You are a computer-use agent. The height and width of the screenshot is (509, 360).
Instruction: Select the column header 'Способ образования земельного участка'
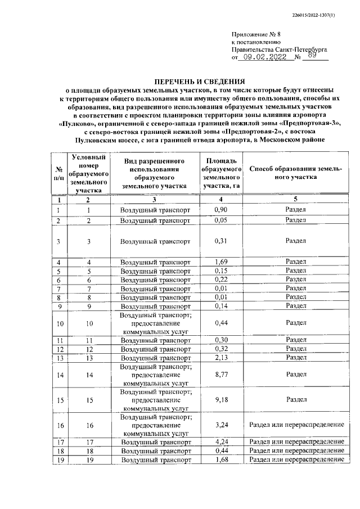pos(295,173)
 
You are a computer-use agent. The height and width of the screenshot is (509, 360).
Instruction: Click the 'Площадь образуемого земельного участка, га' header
pos(221,173)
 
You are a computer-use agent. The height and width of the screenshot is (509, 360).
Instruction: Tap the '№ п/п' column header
pos(58,173)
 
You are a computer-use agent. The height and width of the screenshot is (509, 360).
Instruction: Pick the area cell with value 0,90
pos(221,210)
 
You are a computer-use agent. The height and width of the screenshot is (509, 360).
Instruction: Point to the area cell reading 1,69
pos(221,262)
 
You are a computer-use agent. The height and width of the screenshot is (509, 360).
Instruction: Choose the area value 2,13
pos(221,358)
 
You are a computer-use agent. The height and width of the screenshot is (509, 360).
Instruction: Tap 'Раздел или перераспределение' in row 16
pos(295,426)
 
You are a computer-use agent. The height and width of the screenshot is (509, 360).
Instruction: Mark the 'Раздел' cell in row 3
pos(295,241)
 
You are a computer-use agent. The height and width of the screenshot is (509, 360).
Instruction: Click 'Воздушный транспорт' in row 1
pos(155,210)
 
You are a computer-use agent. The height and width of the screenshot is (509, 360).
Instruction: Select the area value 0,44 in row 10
pos(221,323)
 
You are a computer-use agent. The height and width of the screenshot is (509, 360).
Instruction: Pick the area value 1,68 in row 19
pos(221,460)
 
